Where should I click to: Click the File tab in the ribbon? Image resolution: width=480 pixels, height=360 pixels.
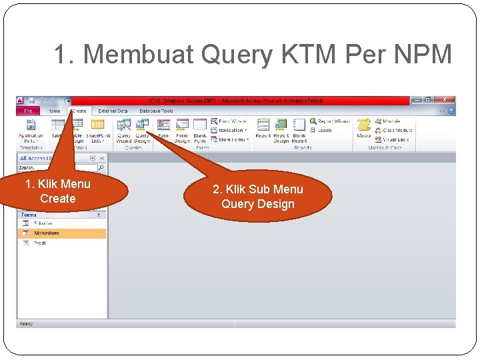(28, 111)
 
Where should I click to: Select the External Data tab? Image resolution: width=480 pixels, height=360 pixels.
(113, 111)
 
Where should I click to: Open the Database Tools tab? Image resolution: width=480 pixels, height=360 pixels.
(156, 111)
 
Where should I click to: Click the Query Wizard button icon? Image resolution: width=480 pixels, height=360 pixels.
(124, 125)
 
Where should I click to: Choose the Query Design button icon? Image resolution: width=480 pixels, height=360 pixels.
(142, 125)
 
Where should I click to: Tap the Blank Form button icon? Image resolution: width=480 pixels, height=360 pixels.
(200, 125)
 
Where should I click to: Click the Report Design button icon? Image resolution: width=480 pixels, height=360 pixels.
(281, 125)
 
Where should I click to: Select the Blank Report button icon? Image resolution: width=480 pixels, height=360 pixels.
(299, 125)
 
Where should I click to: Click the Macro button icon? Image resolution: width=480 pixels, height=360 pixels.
(364, 125)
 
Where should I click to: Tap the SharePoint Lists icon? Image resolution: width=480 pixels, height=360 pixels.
(97, 125)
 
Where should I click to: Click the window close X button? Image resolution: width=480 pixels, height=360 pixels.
(445, 100)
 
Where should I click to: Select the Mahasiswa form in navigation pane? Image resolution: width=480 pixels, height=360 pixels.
(47, 233)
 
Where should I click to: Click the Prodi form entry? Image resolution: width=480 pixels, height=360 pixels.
(40, 243)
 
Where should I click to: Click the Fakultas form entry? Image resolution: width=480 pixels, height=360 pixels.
(44, 223)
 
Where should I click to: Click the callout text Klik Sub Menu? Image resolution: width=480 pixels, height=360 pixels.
(258, 189)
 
